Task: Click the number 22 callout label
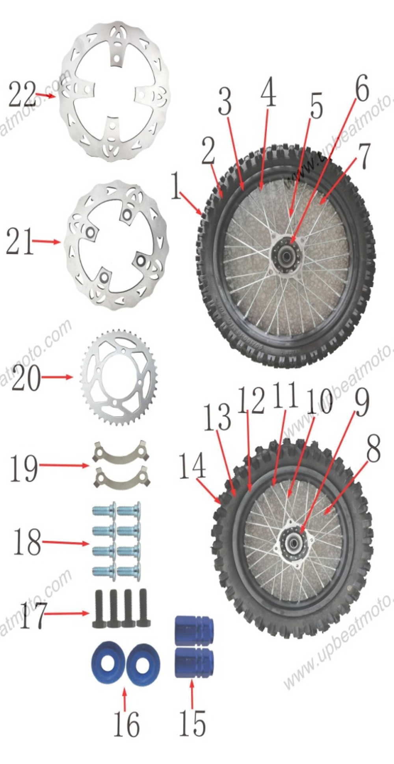(x=22, y=94)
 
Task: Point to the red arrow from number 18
(x=65, y=543)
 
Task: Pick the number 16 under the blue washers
(x=126, y=724)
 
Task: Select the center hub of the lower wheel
(x=294, y=543)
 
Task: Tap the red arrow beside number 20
(x=57, y=377)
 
